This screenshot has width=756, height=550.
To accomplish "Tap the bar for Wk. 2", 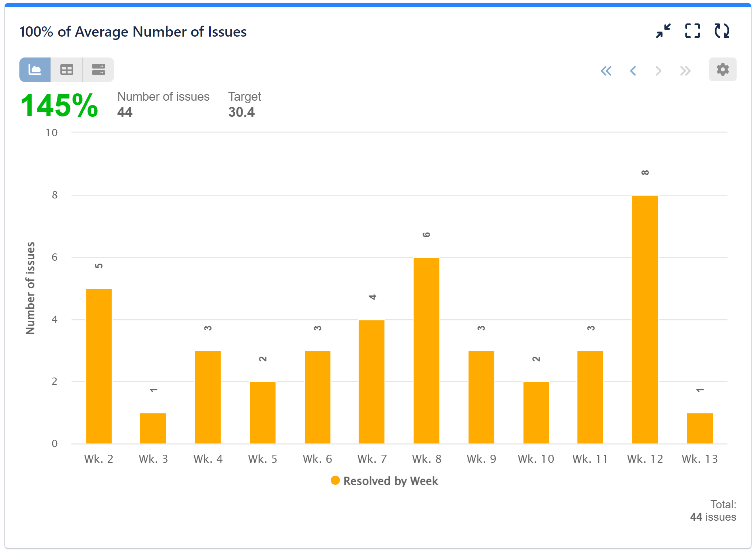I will point(99,366).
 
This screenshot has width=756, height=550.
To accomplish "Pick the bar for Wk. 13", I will point(700,428).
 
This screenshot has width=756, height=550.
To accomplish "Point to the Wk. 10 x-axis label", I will point(536,459).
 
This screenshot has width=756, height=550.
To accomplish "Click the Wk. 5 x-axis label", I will point(262,459).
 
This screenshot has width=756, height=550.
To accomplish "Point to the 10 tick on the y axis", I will point(52,133).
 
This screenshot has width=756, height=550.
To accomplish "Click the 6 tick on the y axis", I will point(55,257).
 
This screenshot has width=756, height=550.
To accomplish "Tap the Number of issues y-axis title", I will point(30,288).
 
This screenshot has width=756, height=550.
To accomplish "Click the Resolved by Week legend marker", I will point(335,480).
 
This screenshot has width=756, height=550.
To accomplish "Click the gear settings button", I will point(722,70).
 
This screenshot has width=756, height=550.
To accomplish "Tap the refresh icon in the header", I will point(722,31).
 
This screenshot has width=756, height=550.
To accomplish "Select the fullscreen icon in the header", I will point(692,31).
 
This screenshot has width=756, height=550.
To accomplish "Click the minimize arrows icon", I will point(663,31).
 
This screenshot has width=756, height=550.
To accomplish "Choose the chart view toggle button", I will point(35,70).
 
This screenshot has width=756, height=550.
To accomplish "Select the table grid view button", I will point(67,70).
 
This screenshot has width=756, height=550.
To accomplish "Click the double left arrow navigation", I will point(606,71).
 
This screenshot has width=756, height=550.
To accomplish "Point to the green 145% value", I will point(59,105).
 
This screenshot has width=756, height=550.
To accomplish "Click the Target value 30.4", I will point(241,112).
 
